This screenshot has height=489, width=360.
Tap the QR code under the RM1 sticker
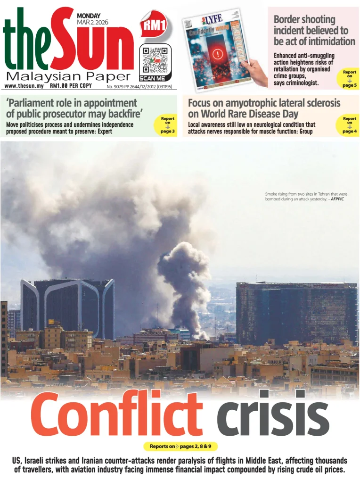coord(155,60)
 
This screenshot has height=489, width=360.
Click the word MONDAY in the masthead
coord(89,16)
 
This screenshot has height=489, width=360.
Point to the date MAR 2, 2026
coord(92,22)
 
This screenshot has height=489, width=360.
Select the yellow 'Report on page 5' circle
coord(349,78)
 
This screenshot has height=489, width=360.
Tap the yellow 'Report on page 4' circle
coord(349,125)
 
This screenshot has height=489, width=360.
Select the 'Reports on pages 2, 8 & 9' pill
coord(180,446)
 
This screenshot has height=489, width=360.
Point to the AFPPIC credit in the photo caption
coord(339,199)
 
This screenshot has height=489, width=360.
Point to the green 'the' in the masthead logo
coord(26,47)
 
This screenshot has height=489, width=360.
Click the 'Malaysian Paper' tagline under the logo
coord(68,76)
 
